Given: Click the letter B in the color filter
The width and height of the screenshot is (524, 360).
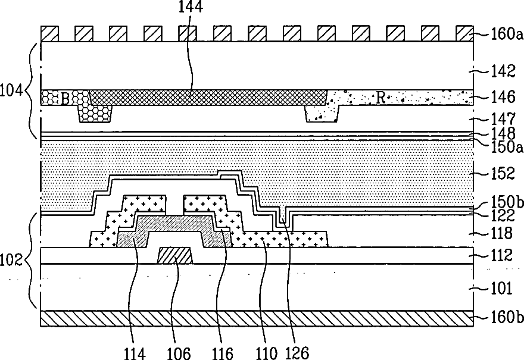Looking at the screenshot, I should coord(65,98).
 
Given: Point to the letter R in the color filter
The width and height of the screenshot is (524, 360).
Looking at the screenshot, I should coord(379,98).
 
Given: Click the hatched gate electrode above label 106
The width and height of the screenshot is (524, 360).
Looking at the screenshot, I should coord(175,256).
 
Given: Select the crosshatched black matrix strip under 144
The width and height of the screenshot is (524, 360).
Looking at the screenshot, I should coord(208,98).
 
